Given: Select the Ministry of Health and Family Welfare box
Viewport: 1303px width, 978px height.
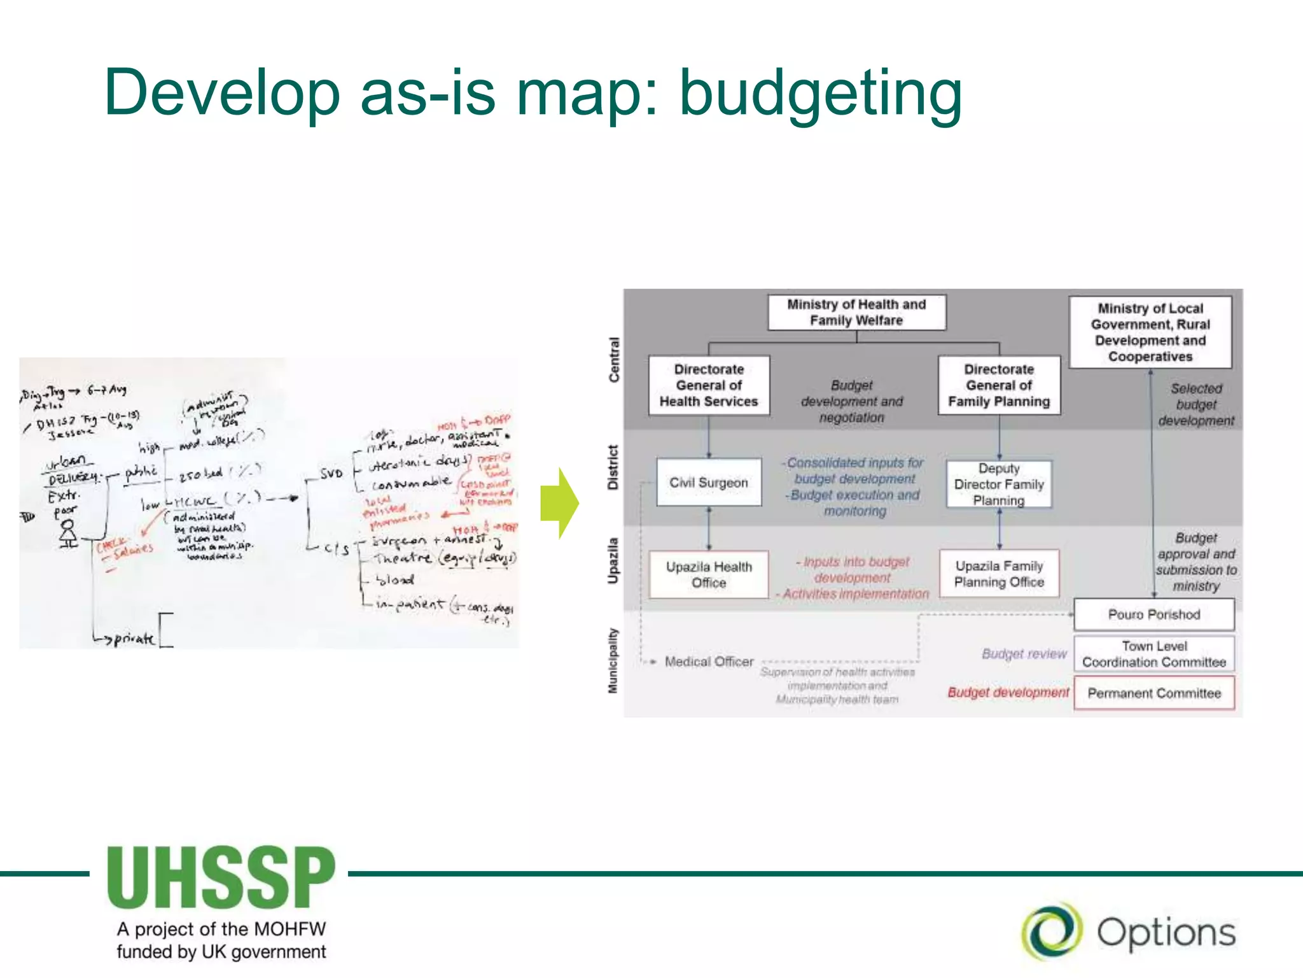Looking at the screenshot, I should point(856,312).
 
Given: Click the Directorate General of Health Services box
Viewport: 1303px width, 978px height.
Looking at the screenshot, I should point(709,385).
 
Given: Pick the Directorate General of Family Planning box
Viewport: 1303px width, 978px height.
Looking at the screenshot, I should point(999,385).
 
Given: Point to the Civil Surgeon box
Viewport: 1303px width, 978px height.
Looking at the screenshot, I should point(709,483).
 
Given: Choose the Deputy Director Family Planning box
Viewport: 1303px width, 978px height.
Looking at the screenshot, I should point(999,484).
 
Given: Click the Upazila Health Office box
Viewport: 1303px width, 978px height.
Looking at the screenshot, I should point(709,574).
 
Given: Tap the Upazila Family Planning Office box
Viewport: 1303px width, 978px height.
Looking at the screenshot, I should point(999,574).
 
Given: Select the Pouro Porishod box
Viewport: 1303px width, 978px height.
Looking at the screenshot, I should point(1153,614).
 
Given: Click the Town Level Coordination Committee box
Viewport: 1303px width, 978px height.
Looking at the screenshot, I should point(1153,654).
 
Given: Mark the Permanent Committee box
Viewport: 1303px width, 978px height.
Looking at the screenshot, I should point(1153,693).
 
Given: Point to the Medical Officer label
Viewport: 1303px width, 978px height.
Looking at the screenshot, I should point(709,662).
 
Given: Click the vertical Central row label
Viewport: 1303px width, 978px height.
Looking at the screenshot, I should point(614,360).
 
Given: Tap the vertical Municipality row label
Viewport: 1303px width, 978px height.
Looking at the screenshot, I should point(613,660).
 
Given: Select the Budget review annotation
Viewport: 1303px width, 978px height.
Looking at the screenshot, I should point(1024,654).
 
